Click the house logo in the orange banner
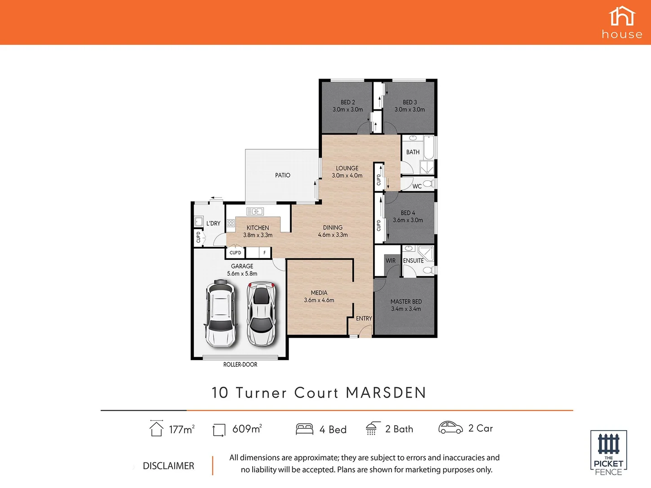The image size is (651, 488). click(x=622, y=23)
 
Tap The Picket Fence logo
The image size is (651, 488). click(x=609, y=453)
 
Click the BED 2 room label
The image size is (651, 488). click(x=348, y=106)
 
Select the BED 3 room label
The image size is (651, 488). click(x=410, y=106)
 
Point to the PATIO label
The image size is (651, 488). click(x=283, y=175)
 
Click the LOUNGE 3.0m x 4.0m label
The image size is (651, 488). click(x=347, y=172)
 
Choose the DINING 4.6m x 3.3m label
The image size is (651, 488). click(x=333, y=231)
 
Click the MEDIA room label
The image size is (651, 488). click(x=319, y=296)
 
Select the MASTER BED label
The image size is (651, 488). click(x=406, y=305)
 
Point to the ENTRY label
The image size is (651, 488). click(x=363, y=319)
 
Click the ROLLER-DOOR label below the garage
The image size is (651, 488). click(x=240, y=365)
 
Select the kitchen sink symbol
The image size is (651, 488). click(x=255, y=211)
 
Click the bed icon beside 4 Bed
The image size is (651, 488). click(x=304, y=429)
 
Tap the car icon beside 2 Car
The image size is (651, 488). click(x=450, y=428)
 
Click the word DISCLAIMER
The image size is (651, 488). click(x=168, y=466)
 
